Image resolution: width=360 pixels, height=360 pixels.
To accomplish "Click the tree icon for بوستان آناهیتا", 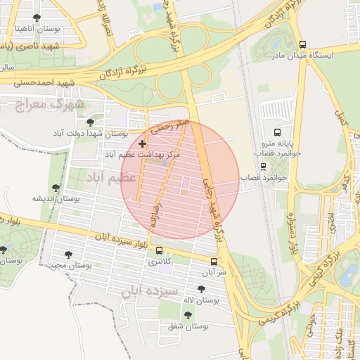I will pyautogui.click(x=37, y=18).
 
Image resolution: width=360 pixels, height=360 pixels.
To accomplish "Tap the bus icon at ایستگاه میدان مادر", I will pyautogui.click(x=303, y=44).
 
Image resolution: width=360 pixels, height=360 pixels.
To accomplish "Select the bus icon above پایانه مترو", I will pyautogui.click(x=276, y=131).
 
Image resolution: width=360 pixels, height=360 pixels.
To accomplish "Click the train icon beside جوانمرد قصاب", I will pyautogui.click(x=263, y=167).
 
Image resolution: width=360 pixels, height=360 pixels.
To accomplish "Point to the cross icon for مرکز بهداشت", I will pyautogui.click(x=142, y=143).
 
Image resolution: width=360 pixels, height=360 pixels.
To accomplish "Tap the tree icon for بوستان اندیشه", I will pyautogui.click(x=56, y=188).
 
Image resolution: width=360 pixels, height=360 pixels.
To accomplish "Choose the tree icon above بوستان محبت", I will pyautogui.click(x=68, y=255).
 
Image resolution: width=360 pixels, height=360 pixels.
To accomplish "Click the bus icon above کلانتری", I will pyautogui.click(x=158, y=250).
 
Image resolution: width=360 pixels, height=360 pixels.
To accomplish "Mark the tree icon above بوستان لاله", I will pyautogui.click(x=202, y=289).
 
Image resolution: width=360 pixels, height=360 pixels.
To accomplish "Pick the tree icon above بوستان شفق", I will pyautogui.click(x=187, y=315).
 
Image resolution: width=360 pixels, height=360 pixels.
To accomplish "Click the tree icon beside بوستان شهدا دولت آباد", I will pyautogui.click(x=96, y=133).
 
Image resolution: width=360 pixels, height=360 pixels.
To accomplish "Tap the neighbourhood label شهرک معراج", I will pyautogui.click(x=49, y=104).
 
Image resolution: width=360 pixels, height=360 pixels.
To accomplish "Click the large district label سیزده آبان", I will pyautogui.click(x=153, y=290).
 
